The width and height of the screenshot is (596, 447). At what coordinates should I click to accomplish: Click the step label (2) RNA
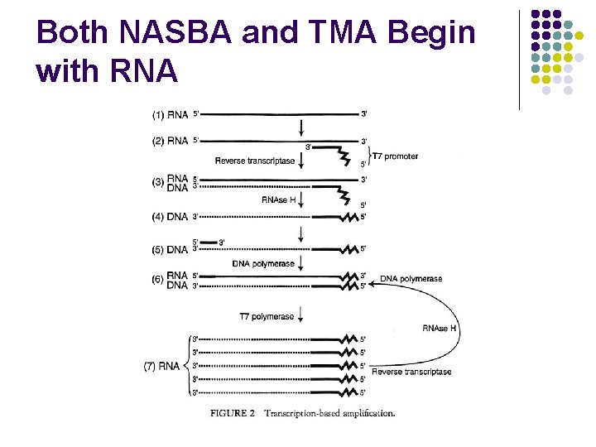coord(170,141)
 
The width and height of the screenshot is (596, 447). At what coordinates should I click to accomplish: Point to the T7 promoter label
coord(395,156)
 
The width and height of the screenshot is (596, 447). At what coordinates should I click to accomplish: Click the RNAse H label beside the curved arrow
coord(439,329)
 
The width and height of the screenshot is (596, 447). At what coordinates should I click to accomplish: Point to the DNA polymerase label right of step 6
coord(411,279)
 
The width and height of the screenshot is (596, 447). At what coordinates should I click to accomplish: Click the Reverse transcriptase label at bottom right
coord(411,372)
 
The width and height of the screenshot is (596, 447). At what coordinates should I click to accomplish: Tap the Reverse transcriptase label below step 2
coord(254,161)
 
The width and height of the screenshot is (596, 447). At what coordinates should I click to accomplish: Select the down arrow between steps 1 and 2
coord(301,127)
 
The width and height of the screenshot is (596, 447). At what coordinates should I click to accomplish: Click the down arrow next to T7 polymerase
coord(301,315)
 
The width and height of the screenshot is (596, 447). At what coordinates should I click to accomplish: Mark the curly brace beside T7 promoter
coord(368,156)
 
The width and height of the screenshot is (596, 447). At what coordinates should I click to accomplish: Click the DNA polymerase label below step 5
coord(262,263)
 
